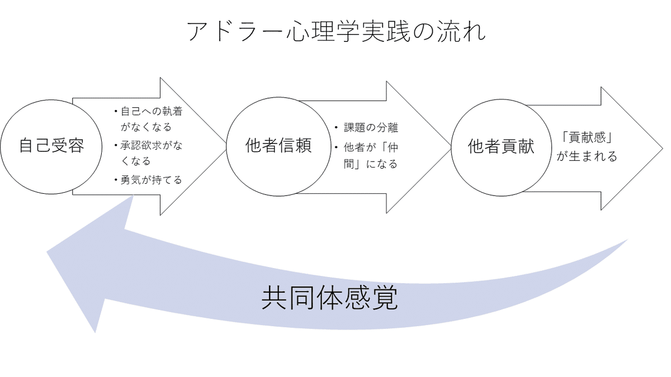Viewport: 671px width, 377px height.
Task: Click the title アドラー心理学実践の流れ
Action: (336, 32)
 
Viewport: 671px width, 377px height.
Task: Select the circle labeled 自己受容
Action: (51, 146)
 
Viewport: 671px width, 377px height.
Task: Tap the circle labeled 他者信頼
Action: (278, 146)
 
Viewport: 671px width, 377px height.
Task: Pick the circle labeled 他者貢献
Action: (501, 146)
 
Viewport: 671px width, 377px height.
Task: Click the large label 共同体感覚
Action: (330, 299)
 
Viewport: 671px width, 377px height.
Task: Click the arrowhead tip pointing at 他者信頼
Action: (226, 146)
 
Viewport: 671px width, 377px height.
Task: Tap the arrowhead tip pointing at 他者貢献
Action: (451, 146)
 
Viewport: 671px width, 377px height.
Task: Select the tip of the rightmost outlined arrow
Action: (662, 149)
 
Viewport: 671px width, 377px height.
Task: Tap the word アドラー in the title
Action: (230, 32)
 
